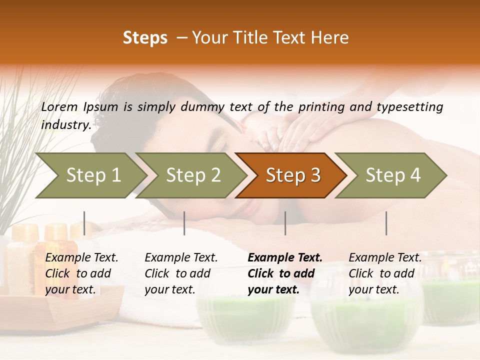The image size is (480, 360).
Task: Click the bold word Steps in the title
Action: click(x=145, y=38)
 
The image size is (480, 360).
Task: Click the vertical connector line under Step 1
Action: click(x=84, y=223)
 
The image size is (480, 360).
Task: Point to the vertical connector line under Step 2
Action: click(x=184, y=223)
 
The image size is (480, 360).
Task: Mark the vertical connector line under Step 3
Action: click(x=285, y=223)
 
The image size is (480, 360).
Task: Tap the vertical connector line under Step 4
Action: click(x=386, y=223)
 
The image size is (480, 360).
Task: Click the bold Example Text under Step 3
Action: click(x=285, y=273)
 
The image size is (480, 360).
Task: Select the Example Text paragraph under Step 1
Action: click(x=81, y=273)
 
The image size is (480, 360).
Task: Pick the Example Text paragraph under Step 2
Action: click(x=181, y=273)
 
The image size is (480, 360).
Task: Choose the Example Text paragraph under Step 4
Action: click(x=385, y=273)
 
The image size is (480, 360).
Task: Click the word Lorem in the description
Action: click(x=59, y=107)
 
